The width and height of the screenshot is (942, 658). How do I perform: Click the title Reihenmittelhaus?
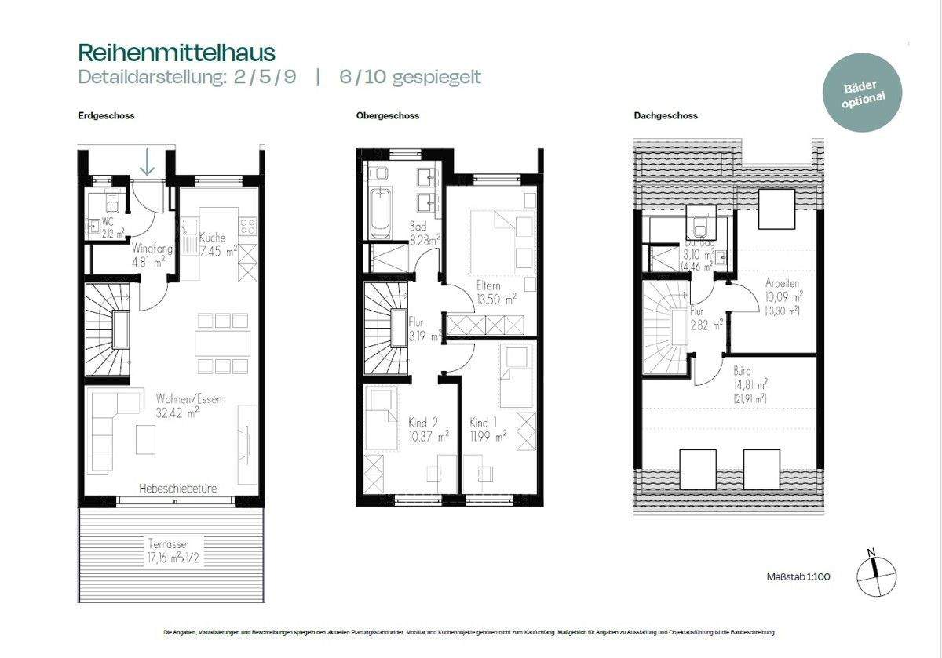point(177,53)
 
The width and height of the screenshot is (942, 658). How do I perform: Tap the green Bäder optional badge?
point(863,92)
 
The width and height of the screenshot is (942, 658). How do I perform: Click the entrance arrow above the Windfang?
point(147,162)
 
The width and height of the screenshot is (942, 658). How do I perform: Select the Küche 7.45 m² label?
point(216,245)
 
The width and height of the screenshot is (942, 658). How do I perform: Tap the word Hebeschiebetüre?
point(177,488)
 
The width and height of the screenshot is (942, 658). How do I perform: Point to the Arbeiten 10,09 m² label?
point(783,296)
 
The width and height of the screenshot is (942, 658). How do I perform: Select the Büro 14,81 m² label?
point(750,384)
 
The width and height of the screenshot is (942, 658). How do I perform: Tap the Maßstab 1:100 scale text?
point(798,577)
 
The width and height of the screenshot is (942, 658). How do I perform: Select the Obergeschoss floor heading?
point(388,115)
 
